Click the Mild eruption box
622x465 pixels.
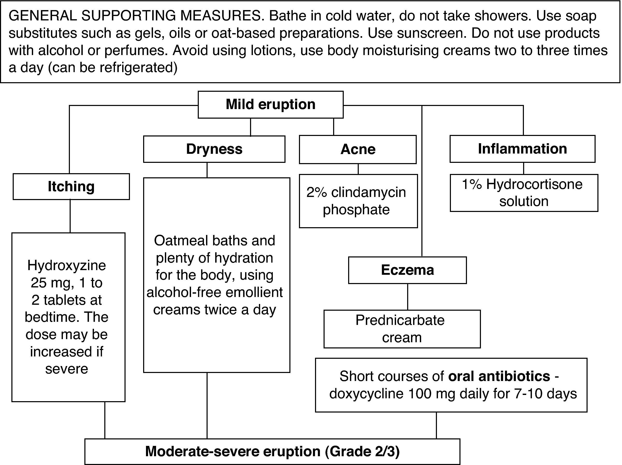(270, 104)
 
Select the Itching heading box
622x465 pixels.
(71, 186)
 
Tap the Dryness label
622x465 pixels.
(214, 149)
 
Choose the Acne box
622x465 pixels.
(358, 149)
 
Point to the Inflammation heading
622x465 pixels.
(522, 149)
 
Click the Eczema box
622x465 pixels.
(407, 270)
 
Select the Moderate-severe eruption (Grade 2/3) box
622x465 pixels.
(272, 452)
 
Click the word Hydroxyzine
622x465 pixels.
(67, 265)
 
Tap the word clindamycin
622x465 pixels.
(368, 193)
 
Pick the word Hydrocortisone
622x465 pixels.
(534, 185)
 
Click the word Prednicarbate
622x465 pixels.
(400, 320)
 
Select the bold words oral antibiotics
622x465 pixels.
(499, 376)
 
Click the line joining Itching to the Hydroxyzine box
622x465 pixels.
(70, 216)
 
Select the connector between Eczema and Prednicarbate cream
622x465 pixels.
(408, 296)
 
